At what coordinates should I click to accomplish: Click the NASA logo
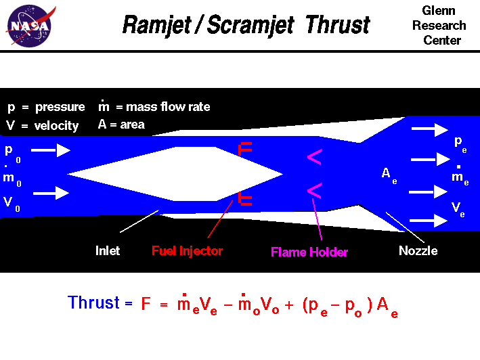pos(28,26)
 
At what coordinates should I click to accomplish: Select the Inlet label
pos(108,251)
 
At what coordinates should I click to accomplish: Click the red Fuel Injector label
pos(187,251)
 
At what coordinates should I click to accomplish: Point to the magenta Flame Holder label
pos(309,252)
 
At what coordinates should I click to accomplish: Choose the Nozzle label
pos(418,251)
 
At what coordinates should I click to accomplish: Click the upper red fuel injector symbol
pos(245,149)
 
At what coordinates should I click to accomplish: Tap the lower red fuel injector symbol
pos(245,198)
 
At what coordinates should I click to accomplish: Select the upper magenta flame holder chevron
pos(314,158)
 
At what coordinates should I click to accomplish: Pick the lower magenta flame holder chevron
pos(314,189)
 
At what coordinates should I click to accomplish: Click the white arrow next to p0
pos(50,150)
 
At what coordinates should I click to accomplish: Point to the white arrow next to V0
pos(50,194)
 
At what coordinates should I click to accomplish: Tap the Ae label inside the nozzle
pos(388,174)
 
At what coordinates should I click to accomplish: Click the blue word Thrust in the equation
pos(93,302)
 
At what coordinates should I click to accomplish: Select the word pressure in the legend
pos(60,107)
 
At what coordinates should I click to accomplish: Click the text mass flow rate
pos(168,107)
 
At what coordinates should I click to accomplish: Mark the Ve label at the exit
pos(458,206)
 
